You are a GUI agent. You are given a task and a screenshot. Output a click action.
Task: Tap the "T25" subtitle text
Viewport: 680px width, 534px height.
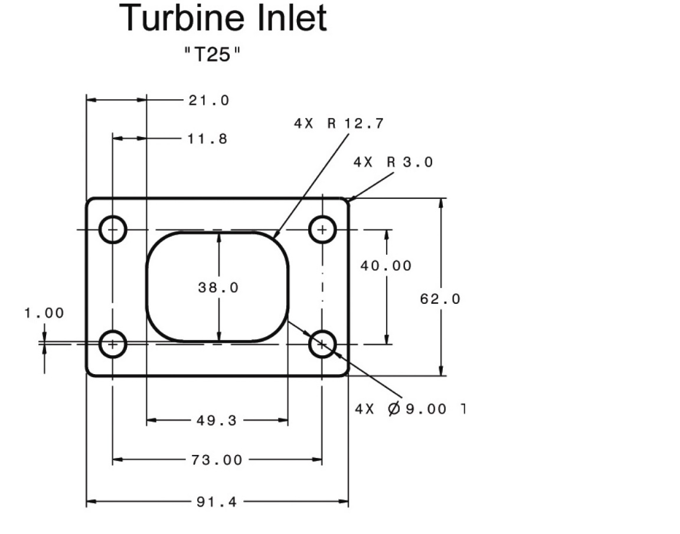212,55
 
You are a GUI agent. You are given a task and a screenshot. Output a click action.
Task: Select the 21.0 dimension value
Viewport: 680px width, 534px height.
208,100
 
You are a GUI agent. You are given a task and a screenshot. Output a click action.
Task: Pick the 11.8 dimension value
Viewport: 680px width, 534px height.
207,139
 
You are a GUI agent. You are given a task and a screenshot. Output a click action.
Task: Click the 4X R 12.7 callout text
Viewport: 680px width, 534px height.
339,123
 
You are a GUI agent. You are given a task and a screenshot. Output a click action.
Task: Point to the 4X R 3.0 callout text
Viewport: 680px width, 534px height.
393,162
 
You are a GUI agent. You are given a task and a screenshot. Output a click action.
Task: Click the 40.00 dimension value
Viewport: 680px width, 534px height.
386,266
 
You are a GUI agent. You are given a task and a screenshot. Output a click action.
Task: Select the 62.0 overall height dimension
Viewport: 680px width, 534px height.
440,299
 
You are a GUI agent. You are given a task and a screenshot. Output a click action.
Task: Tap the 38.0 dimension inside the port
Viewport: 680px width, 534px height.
218,287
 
